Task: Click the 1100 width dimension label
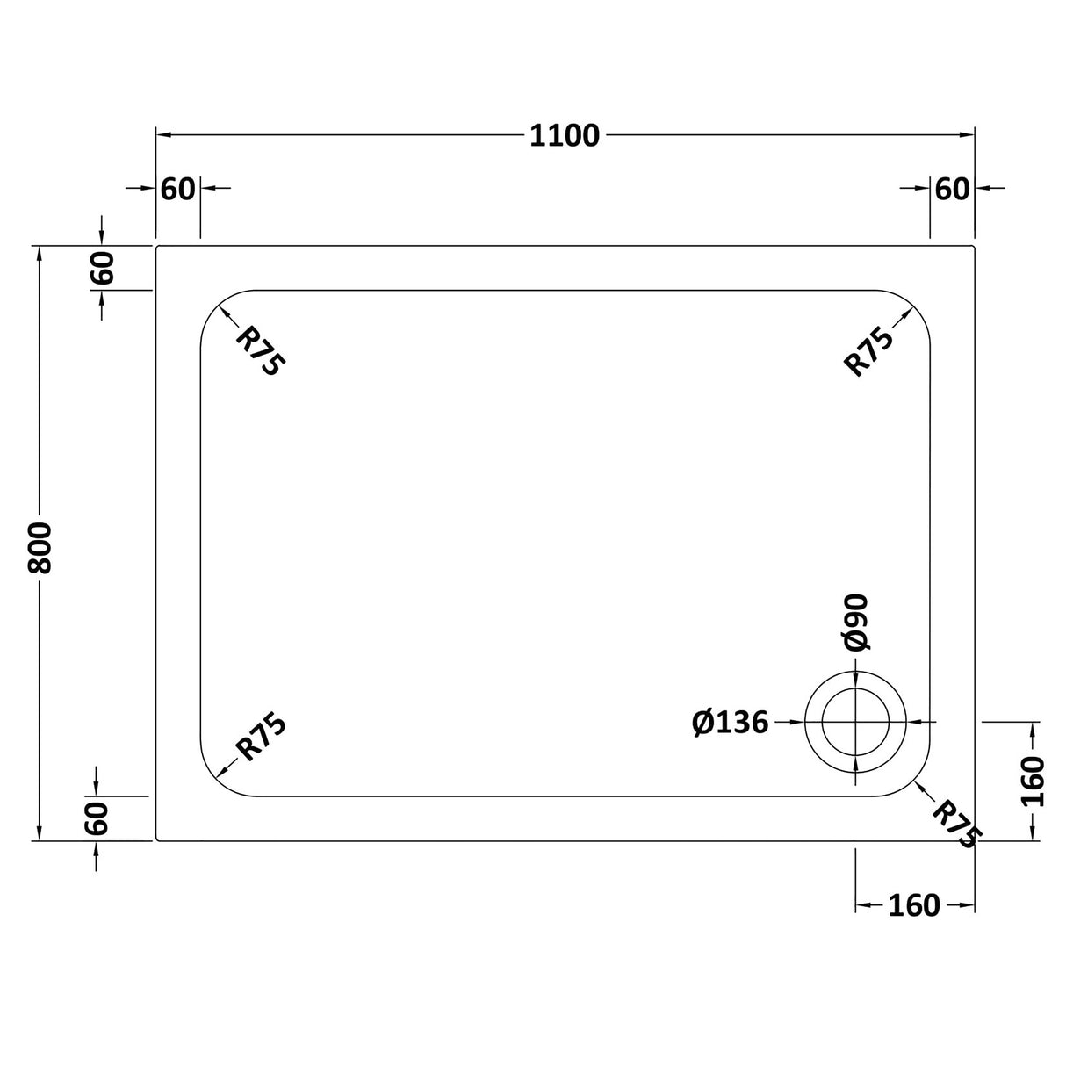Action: (564, 136)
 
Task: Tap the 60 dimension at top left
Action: (177, 189)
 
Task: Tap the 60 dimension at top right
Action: (952, 189)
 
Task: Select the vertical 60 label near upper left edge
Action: (102, 268)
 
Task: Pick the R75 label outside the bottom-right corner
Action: (954, 824)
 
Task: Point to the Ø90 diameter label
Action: (856, 623)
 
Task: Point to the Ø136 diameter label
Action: (730, 723)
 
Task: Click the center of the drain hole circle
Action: (856, 722)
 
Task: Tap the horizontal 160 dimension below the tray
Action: (913, 905)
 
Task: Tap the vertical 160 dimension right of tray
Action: (1034, 781)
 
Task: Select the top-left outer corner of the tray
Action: (157, 247)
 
